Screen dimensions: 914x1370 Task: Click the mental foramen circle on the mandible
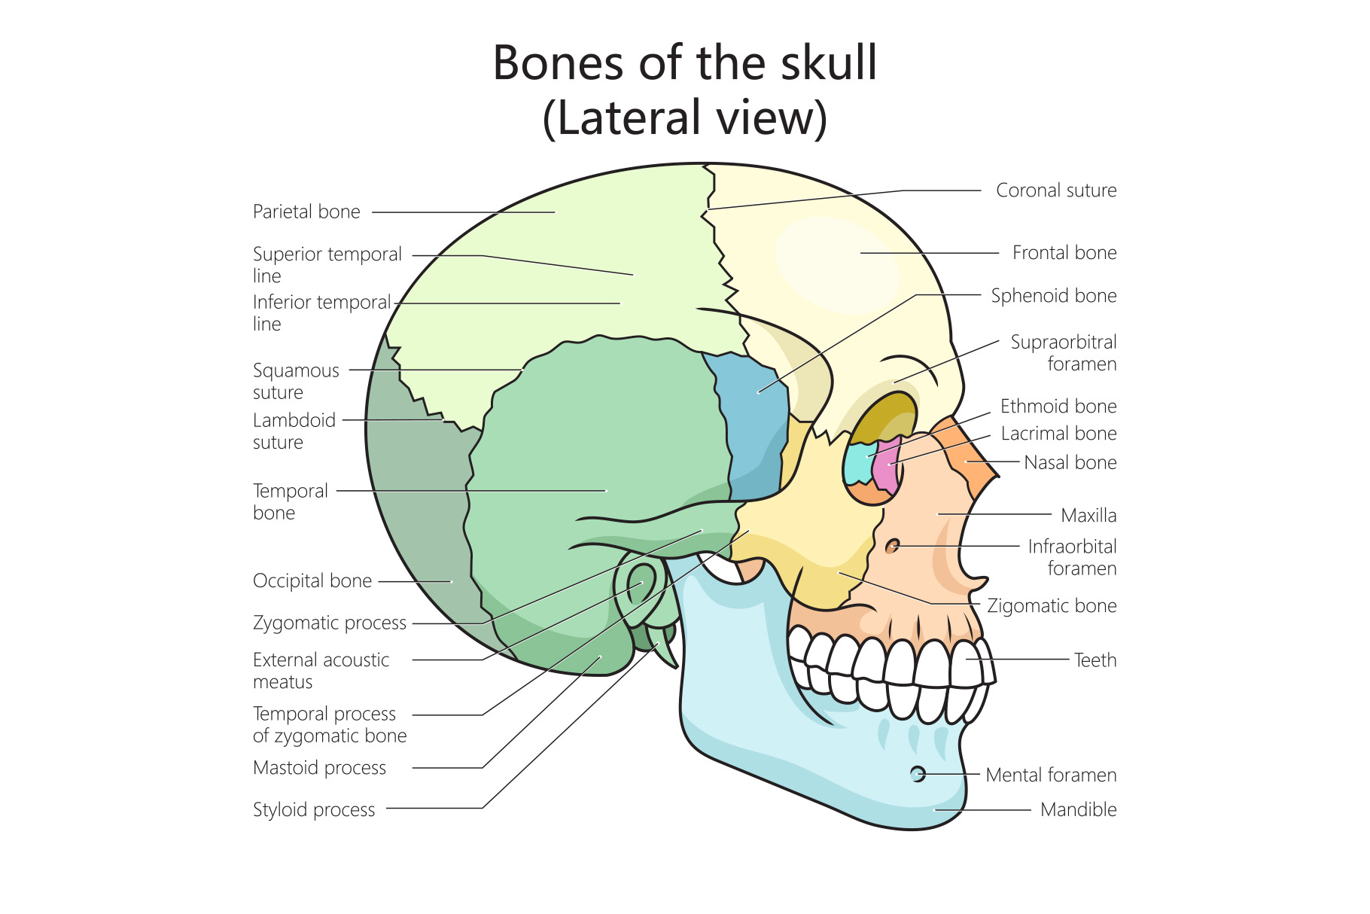[x=918, y=773]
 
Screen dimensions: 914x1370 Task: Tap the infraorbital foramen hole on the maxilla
[x=894, y=546]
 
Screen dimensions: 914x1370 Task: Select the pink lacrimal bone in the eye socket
[x=886, y=466]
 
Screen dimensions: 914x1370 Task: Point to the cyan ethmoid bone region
[x=858, y=463]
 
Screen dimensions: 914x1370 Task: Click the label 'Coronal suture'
[x=1056, y=190]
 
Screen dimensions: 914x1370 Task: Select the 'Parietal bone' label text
[x=306, y=212]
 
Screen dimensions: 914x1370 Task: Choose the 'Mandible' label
[x=1078, y=809]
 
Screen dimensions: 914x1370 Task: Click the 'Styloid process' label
[x=314, y=809]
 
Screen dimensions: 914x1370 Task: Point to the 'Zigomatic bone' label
[x=1052, y=605]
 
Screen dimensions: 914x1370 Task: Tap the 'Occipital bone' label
[x=312, y=580]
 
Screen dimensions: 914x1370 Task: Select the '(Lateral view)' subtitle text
[x=684, y=117]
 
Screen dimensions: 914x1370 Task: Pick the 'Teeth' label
[x=1094, y=660]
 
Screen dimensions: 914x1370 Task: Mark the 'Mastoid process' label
[x=319, y=767]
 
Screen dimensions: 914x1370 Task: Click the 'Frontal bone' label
[x=1064, y=252]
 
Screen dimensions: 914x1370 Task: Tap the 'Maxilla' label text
[x=1088, y=515]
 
